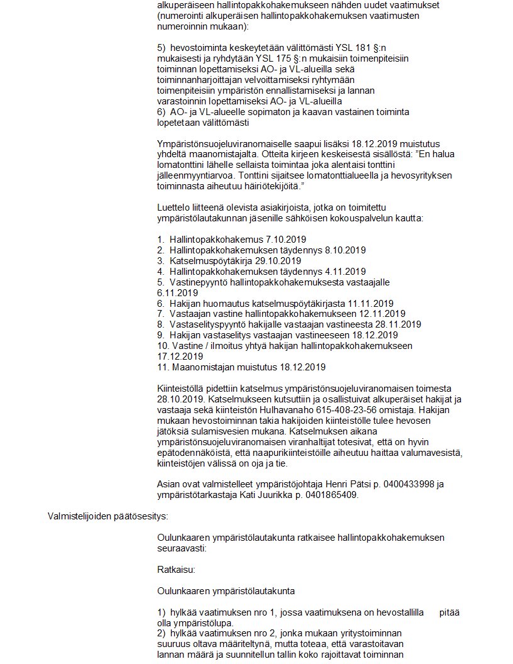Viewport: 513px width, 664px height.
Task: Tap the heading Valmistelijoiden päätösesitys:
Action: pos(108,517)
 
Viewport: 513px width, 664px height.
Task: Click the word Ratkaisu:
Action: pos(176,570)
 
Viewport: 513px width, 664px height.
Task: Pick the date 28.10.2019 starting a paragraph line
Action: pos(177,398)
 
